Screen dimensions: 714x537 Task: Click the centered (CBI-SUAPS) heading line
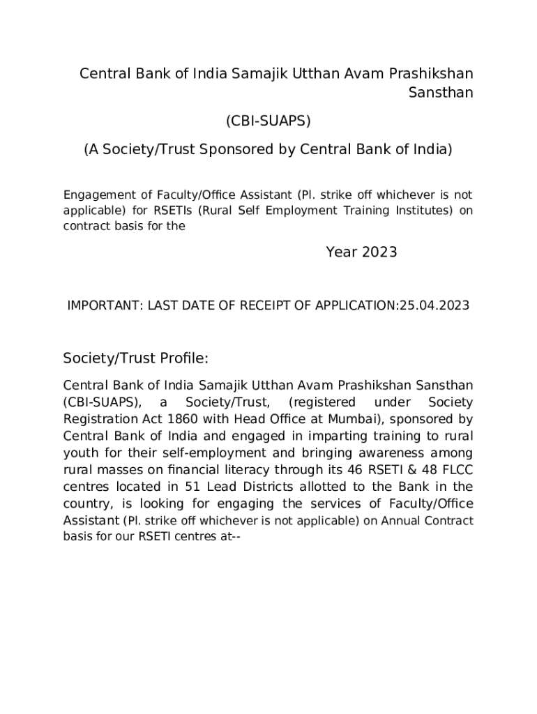(x=268, y=121)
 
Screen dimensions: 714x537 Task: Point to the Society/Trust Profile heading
(x=136, y=358)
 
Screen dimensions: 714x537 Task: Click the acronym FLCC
(x=457, y=469)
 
